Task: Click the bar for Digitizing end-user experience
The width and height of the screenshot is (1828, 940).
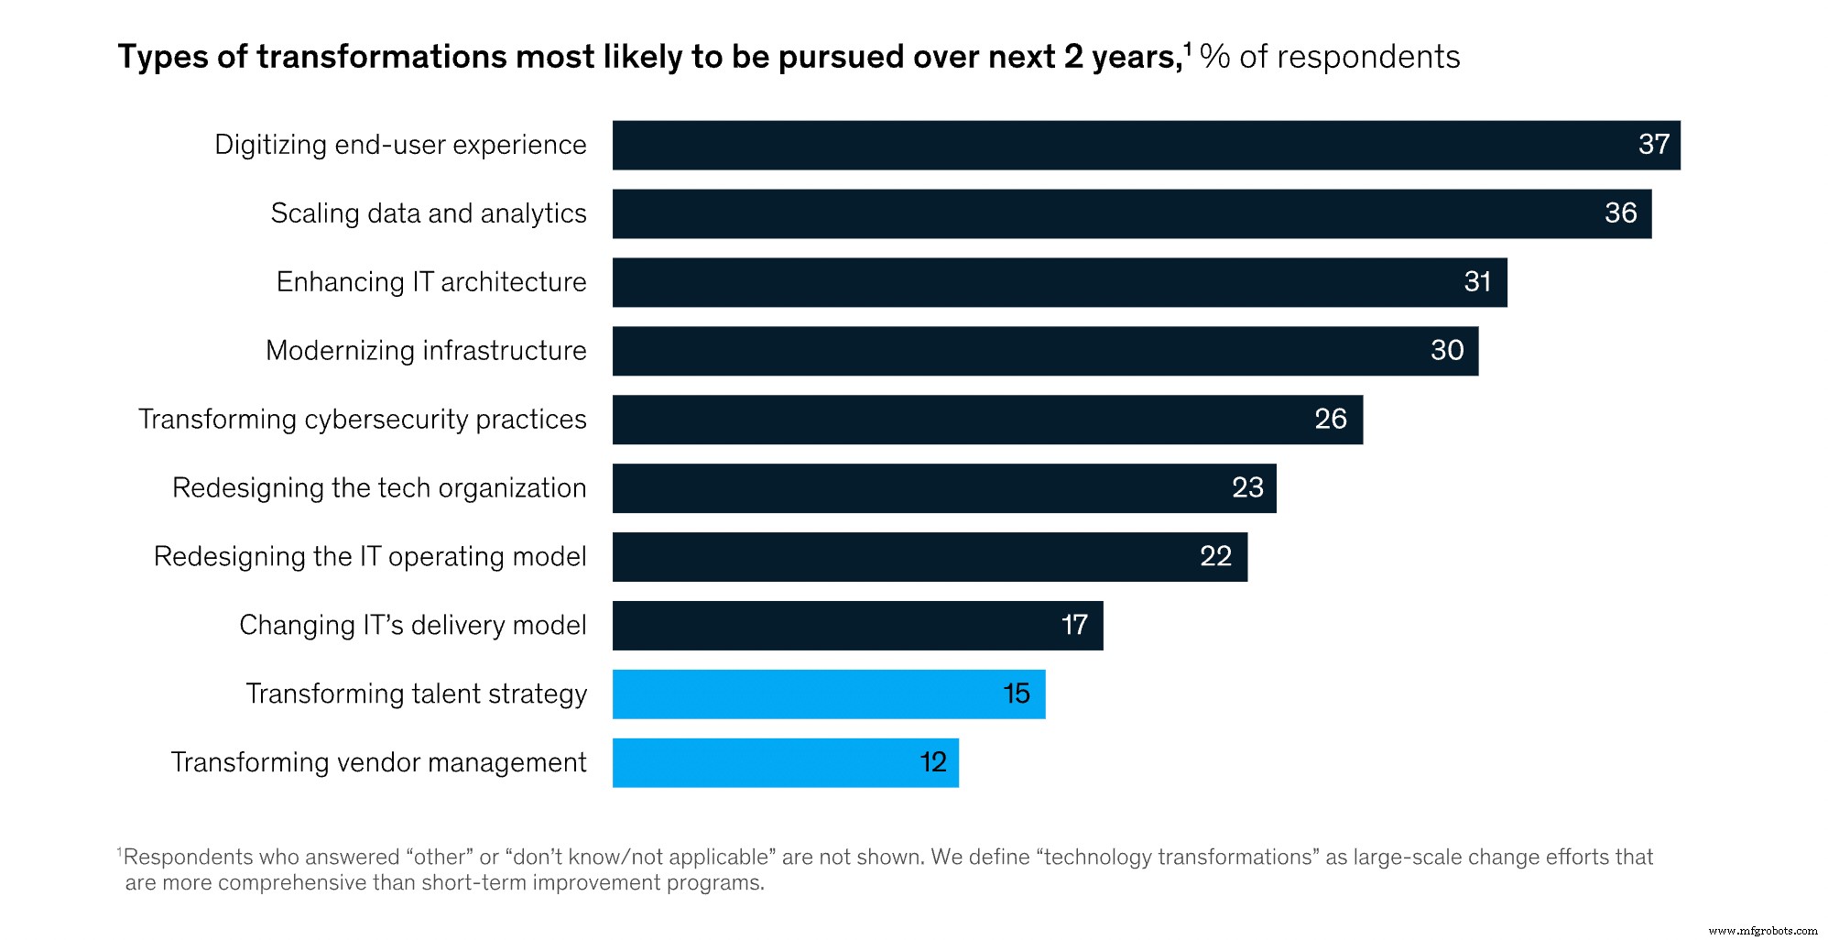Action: point(1145,145)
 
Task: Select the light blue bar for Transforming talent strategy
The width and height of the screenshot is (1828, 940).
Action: point(828,694)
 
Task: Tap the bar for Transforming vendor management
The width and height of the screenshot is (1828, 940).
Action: point(785,763)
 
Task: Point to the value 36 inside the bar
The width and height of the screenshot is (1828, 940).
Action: point(1620,213)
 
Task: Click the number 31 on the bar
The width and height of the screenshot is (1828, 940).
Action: point(1477,282)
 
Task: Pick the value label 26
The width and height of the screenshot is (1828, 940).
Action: point(1330,420)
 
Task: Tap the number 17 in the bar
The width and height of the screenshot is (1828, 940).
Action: point(1074,626)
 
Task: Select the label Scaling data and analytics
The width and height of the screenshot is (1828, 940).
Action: point(429,213)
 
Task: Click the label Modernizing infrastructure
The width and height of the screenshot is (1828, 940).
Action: point(426,351)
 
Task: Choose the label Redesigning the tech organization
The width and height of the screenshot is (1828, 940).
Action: point(379,488)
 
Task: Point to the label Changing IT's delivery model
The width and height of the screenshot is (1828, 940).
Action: point(412,626)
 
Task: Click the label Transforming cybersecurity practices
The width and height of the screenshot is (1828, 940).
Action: point(362,420)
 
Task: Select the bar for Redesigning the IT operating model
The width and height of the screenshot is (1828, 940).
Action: point(930,557)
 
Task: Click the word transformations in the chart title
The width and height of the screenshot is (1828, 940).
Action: point(381,57)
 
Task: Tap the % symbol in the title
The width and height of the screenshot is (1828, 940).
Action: point(1214,57)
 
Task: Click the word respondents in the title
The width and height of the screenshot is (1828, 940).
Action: point(1368,58)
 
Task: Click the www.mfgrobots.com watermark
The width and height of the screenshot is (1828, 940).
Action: point(1762,931)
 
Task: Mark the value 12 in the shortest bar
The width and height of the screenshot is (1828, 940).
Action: point(932,763)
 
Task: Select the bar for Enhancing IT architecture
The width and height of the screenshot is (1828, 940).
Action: point(1060,282)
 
